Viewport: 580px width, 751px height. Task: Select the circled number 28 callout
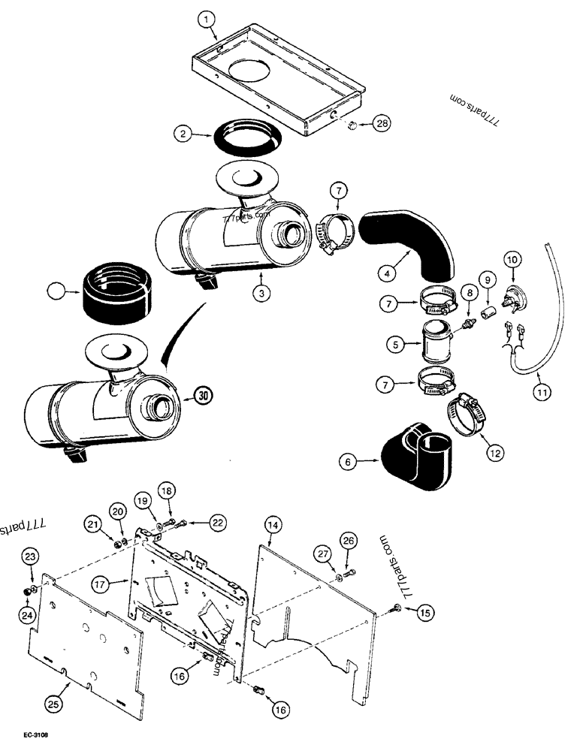382,124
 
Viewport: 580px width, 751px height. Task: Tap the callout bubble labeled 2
182,135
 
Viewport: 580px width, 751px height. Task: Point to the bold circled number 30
202,394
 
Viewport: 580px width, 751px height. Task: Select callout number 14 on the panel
272,525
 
